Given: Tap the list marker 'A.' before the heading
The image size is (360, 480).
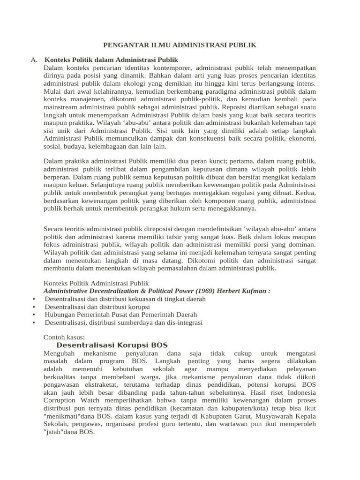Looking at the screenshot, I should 34,60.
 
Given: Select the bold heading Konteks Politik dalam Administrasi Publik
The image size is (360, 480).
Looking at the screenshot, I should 111,60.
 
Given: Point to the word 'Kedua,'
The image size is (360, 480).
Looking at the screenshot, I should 304,193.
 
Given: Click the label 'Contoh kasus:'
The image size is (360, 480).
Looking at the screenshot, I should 64,337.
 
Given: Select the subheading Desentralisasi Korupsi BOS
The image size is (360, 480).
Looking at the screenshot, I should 112,345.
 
